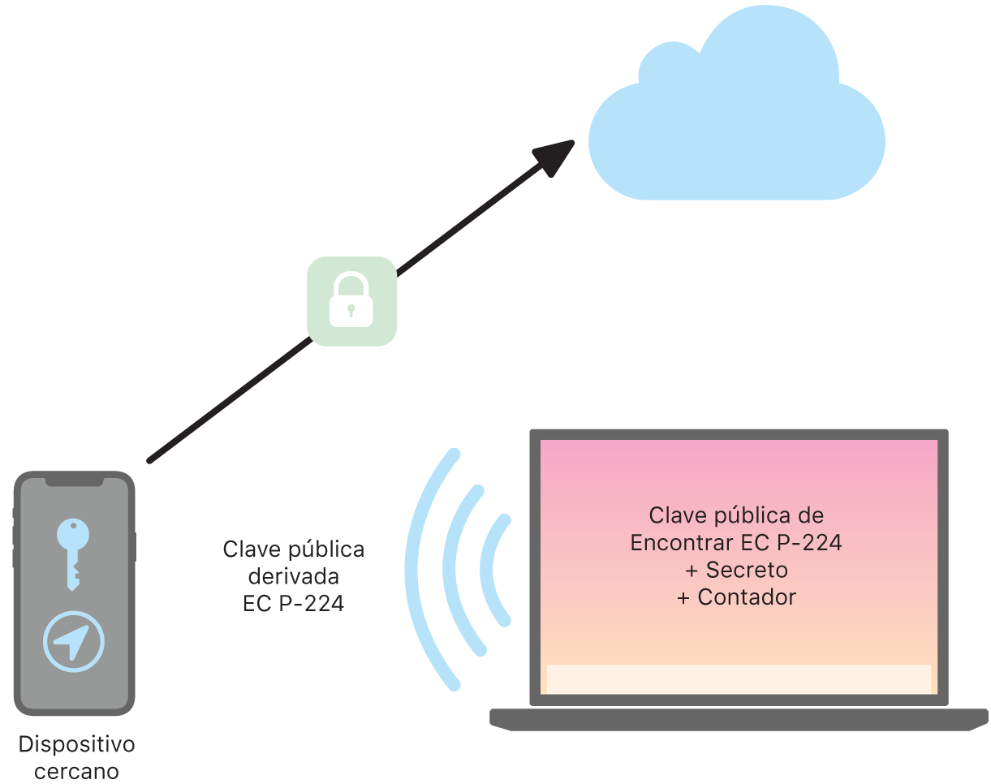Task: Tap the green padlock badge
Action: coord(351,301)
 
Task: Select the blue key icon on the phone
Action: coord(72,552)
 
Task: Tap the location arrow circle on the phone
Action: coord(74,641)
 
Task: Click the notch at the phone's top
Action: coord(75,482)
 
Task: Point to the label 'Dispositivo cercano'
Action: coord(76,756)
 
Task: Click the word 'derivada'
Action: coord(293,577)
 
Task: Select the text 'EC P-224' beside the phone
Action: coord(293,604)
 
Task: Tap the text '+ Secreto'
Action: coord(735,570)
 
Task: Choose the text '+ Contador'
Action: coord(735,597)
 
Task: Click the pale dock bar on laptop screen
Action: coord(738,678)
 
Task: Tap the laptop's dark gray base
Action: coord(739,719)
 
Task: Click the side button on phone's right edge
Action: coord(135,547)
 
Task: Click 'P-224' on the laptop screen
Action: coord(808,543)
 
